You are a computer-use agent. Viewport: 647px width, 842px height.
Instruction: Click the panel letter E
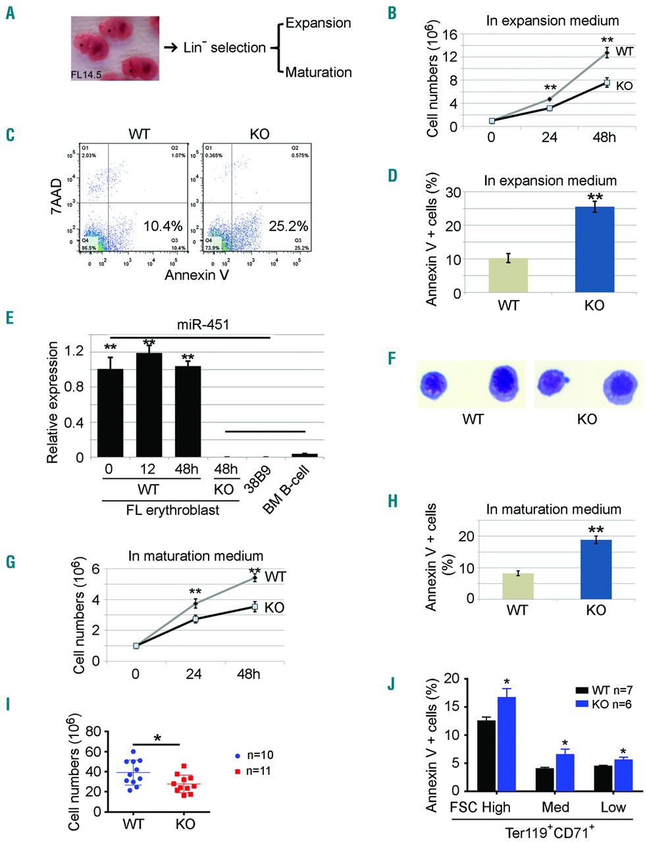coord(10,318)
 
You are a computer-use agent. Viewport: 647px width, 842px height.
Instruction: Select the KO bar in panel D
coord(594,249)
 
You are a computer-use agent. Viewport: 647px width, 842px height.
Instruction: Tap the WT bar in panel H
coord(517,585)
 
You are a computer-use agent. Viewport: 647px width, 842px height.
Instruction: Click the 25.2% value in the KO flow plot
coord(288,226)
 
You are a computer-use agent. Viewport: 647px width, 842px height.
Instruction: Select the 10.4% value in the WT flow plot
coord(163,226)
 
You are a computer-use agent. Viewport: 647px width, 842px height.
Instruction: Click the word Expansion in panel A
coord(318,24)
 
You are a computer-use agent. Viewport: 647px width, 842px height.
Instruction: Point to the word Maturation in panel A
coord(319,72)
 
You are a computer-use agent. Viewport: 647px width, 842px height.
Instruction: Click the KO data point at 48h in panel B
coord(608,83)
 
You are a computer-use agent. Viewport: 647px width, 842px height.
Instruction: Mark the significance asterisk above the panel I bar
coord(157,738)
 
